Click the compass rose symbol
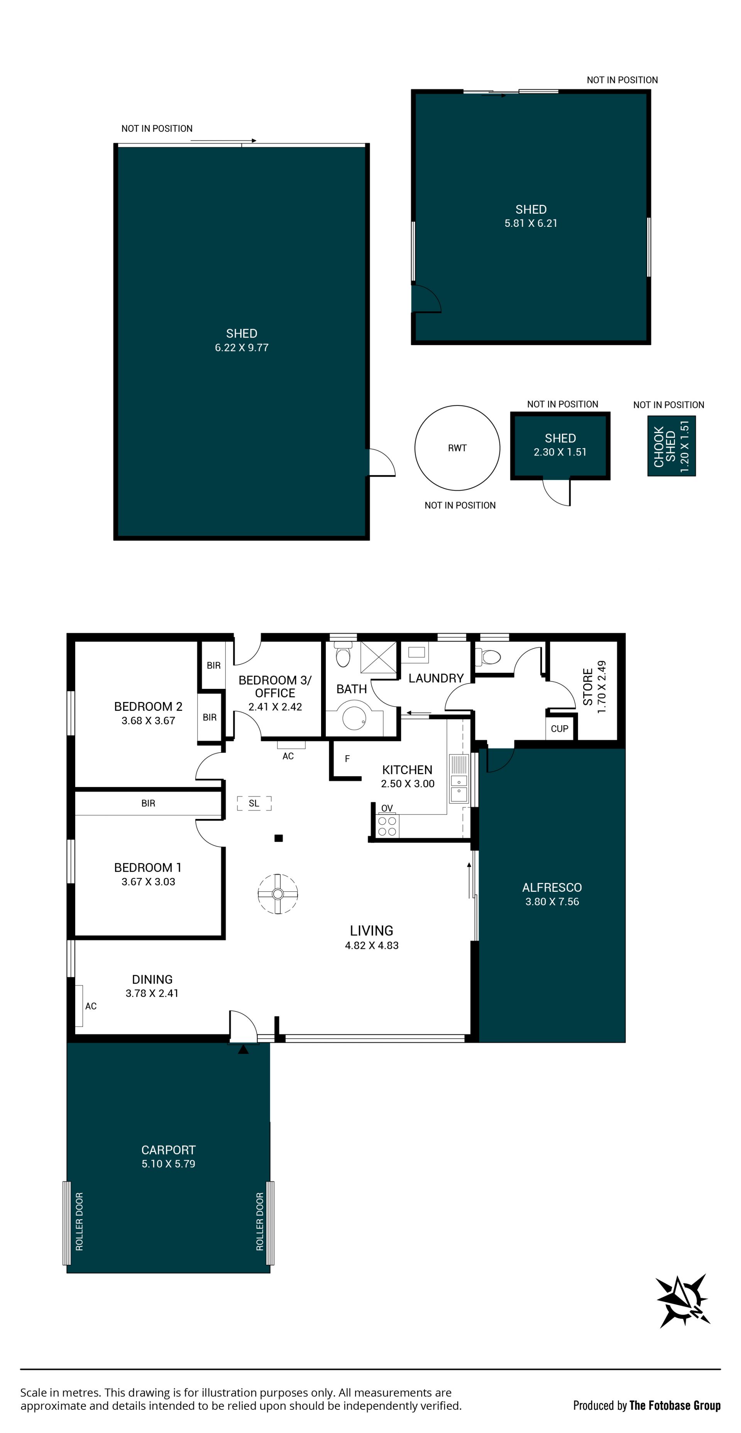point(683,1301)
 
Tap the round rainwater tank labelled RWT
point(457,448)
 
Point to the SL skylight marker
point(254,803)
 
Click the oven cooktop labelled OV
point(387,824)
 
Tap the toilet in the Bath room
point(343,654)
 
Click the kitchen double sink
point(459,778)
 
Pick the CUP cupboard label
point(560,729)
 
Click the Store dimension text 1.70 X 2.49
point(601,687)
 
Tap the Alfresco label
point(552,887)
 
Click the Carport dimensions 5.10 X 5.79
point(168,1164)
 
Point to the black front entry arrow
point(243,1049)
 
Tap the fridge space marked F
point(347,759)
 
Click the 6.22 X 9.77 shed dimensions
point(242,348)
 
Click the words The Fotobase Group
point(675,1405)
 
